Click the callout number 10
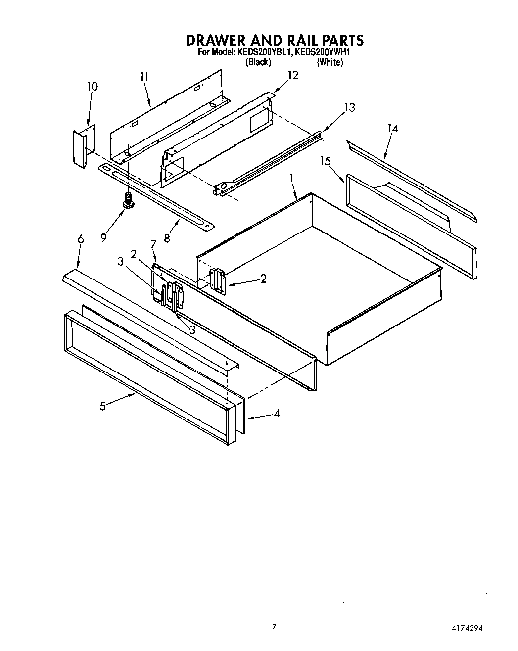pyautogui.click(x=93, y=86)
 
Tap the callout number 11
pyautogui.click(x=144, y=77)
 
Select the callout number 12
pyautogui.click(x=293, y=75)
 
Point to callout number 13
pyautogui.click(x=350, y=107)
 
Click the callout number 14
pyautogui.click(x=393, y=128)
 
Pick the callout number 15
pyautogui.click(x=325, y=161)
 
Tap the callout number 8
pyautogui.click(x=167, y=238)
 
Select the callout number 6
pyautogui.click(x=81, y=240)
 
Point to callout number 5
pyautogui.click(x=102, y=406)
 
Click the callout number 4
pyautogui.click(x=277, y=413)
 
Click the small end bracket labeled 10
pyautogui.click(x=79, y=147)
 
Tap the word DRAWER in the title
pyautogui.click(x=220, y=40)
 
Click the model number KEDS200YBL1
pyautogui.click(x=263, y=52)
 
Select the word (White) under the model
pyautogui.click(x=330, y=62)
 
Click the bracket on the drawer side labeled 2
pyautogui.click(x=218, y=281)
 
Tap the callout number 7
pyautogui.click(x=153, y=244)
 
